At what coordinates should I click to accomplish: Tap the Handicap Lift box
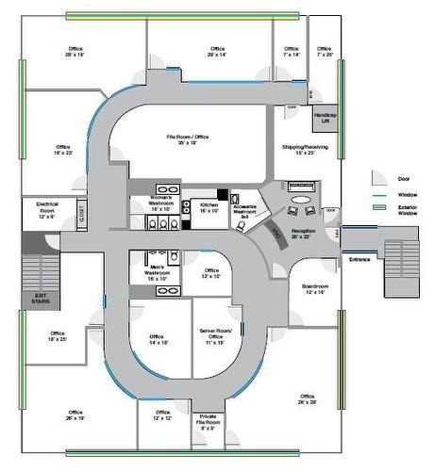coord(325,117)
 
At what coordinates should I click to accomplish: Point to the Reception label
coord(304,233)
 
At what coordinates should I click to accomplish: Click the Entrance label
coord(359,259)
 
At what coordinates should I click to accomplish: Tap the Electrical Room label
coord(47,210)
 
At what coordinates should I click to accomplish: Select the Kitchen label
coord(209,208)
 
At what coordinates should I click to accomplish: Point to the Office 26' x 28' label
coord(307,399)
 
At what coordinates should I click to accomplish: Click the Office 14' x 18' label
coord(158,339)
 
